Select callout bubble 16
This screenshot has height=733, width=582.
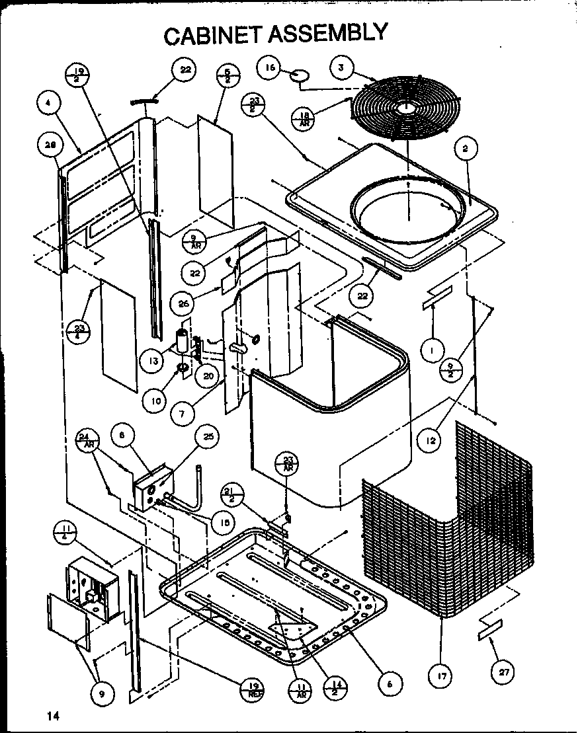270,68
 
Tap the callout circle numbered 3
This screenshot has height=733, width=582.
341,67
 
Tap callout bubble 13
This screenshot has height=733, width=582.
152,362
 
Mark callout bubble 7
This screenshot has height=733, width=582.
181,414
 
